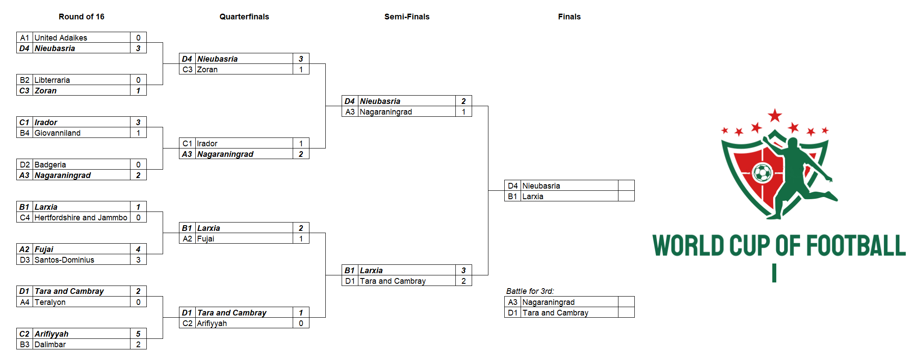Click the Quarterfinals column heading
[244, 17]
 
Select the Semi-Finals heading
[407, 17]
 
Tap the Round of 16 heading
[82, 17]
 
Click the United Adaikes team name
[61, 38]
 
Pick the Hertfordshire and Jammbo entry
[81, 218]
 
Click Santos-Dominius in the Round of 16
[64, 260]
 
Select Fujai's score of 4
[138, 249]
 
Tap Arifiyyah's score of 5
[138, 334]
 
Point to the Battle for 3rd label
[530, 291]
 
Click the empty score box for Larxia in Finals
[626, 196]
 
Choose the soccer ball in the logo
[763, 173]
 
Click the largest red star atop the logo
[775, 116]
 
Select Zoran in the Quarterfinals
[207, 70]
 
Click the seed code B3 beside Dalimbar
[25, 345]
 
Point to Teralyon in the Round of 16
[50, 302]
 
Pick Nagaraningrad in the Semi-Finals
[386, 112]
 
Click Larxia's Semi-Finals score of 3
[464, 271]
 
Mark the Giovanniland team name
[58, 133]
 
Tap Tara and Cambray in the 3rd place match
[555, 313]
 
